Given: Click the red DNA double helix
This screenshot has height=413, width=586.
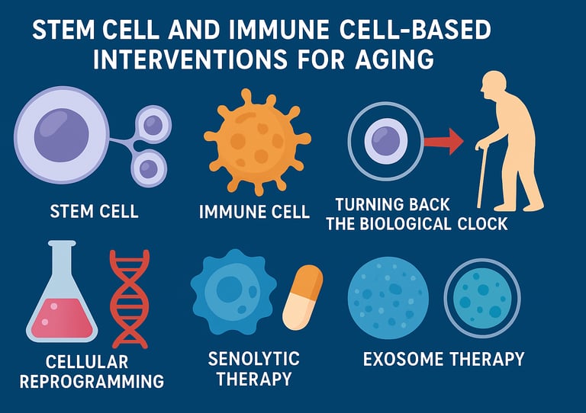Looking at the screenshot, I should pyautogui.click(x=130, y=297).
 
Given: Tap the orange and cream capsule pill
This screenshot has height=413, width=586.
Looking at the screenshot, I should pyautogui.click(x=303, y=296).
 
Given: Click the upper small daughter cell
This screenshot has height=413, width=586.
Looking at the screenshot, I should pyautogui.click(x=153, y=123).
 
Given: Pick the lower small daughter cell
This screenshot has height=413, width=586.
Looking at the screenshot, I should pyautogui.click(x=149, y=167).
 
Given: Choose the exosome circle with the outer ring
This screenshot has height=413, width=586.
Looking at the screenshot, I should pyautogui.click(x=481, y=298).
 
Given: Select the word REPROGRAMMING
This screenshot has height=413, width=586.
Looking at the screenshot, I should pyautogui.click(x=92, y=380).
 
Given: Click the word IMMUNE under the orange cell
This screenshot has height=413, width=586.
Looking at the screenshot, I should pyautogui.click(x=225, y=211).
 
